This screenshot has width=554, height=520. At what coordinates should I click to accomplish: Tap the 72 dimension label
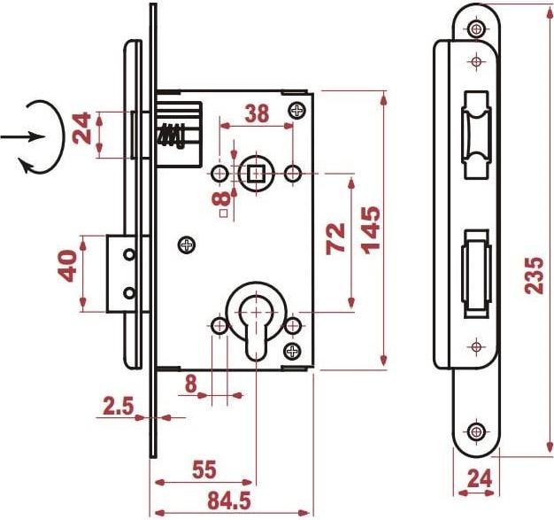(x=337, y=239)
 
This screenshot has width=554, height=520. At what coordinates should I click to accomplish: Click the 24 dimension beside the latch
(x=84, y=129)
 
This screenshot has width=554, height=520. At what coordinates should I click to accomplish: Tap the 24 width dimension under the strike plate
(x=478, y=478)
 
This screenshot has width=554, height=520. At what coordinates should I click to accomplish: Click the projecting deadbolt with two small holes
(x=120, y=272)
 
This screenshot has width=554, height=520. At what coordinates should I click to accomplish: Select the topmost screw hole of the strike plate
(x=478, y=29)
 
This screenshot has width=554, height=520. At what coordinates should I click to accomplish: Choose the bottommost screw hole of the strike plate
(x=478, y=431)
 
